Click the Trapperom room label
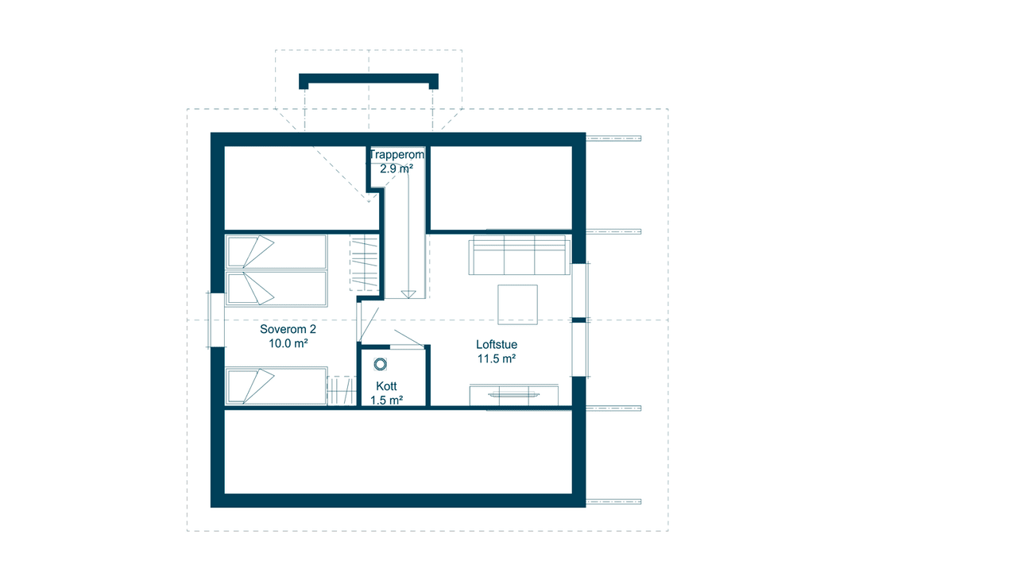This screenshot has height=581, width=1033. (x=397, y=154)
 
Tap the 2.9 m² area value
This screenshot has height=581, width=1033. (x=397, y=168)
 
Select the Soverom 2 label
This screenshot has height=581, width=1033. (x=288, y=329)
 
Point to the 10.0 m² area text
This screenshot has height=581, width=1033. (x=288, y=343)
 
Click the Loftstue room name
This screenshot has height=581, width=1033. (x=497, y=344)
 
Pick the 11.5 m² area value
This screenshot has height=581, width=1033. (x=496, y=358)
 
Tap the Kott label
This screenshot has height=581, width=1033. (x=386, y=386)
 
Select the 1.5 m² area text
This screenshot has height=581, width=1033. (x=386, y=401)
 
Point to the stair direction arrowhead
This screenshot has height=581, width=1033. (x=408, y=294)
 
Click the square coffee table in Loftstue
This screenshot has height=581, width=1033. (x=517, y=304)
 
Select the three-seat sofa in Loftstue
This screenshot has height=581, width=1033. (x=519, y=255)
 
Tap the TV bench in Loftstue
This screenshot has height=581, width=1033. (x=514, y=395)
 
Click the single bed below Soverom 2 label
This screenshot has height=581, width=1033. (x=277, y=386)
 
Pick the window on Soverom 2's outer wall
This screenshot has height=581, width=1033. (x=215, y=320)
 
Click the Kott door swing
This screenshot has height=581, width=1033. (x=408, y=339)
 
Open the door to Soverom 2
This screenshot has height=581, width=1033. (x=368, y=324)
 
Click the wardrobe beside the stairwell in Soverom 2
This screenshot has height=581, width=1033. (x=364, y=263)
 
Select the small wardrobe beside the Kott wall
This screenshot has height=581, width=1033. (x=342, y=391)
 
